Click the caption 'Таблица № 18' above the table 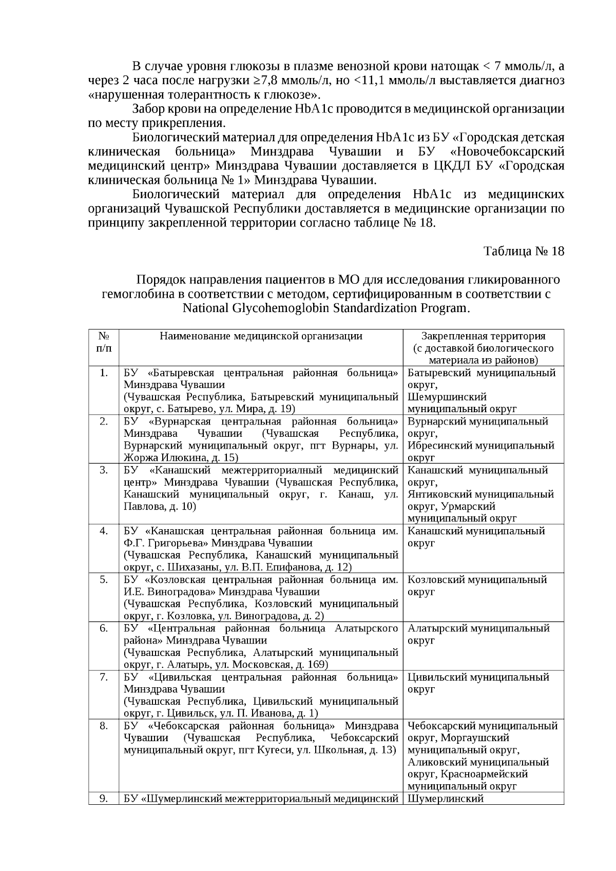point(524,251)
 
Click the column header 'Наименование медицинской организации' point(261,336)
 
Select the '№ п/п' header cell point(104,342)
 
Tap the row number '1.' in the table point(104,373)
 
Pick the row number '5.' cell point(104,579)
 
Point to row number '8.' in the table point(104,726)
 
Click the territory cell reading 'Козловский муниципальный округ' point(477,586)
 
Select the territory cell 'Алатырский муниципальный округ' point(478,634)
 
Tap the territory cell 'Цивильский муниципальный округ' point(478,683)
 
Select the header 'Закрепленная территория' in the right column point(483,336)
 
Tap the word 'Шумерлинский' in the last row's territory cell point(446,799)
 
